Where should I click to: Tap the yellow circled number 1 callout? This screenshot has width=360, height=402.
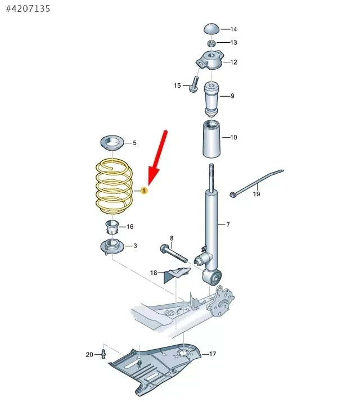(144, 191)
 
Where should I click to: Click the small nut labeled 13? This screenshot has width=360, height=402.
(211, 43)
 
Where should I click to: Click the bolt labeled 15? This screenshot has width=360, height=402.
(193, 84)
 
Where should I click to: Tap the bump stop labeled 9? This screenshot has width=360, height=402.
(211, 100)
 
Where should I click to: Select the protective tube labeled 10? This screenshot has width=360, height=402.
(212, 139)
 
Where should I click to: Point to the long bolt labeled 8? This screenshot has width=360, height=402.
(174, 254)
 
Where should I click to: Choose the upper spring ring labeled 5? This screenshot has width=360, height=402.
(112, 143)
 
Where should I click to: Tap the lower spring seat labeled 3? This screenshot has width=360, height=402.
(112, 247)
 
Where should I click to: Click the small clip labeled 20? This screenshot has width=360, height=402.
(103, 354)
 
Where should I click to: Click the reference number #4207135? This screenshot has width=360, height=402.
(28, 9)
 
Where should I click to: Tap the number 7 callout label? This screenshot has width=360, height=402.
(228, 224)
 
